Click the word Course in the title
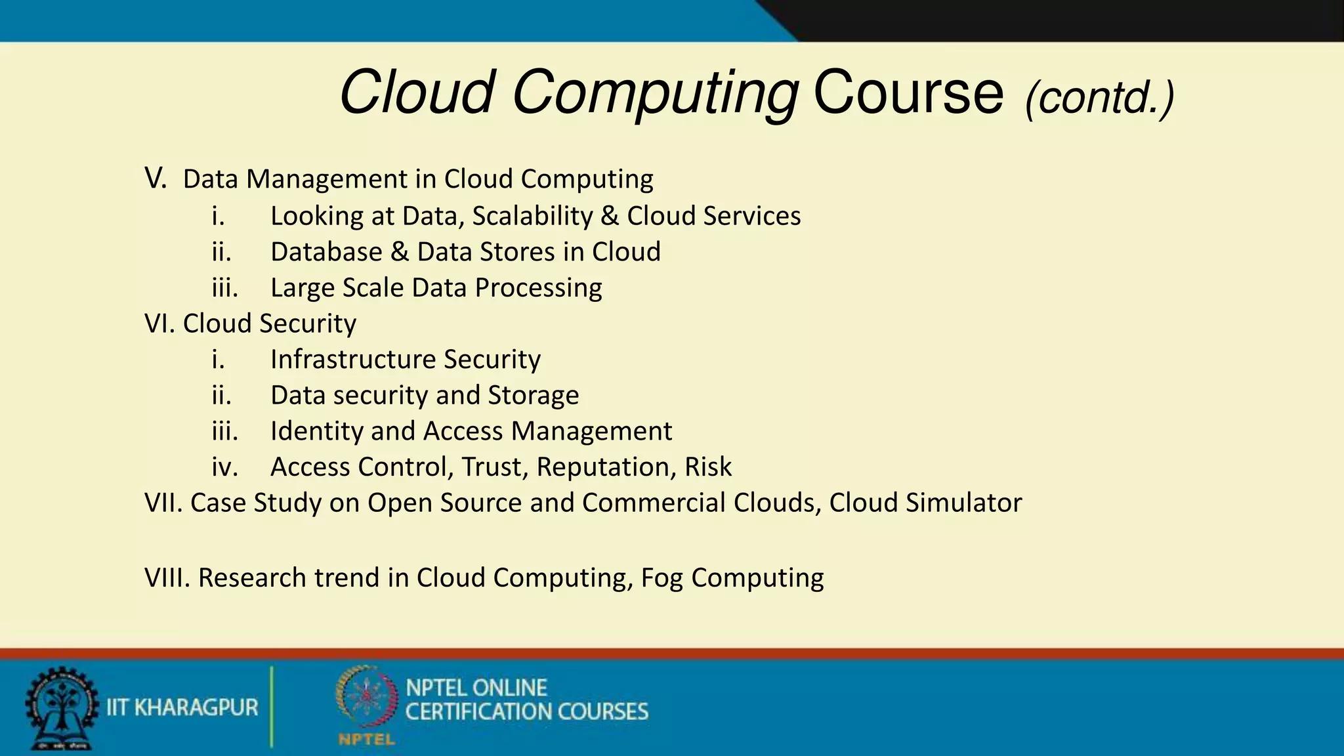point(908,93)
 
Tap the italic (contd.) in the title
point(1099,98)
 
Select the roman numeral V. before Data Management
point(156,178)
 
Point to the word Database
point(326,252)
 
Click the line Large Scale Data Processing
point(436,288)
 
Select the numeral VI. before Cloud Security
point(159,324)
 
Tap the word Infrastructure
point(352,360)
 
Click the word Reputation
point(606,467)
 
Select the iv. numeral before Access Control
point(224,467)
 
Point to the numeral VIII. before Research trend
point(167,577)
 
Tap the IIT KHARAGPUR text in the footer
point(182,707)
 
